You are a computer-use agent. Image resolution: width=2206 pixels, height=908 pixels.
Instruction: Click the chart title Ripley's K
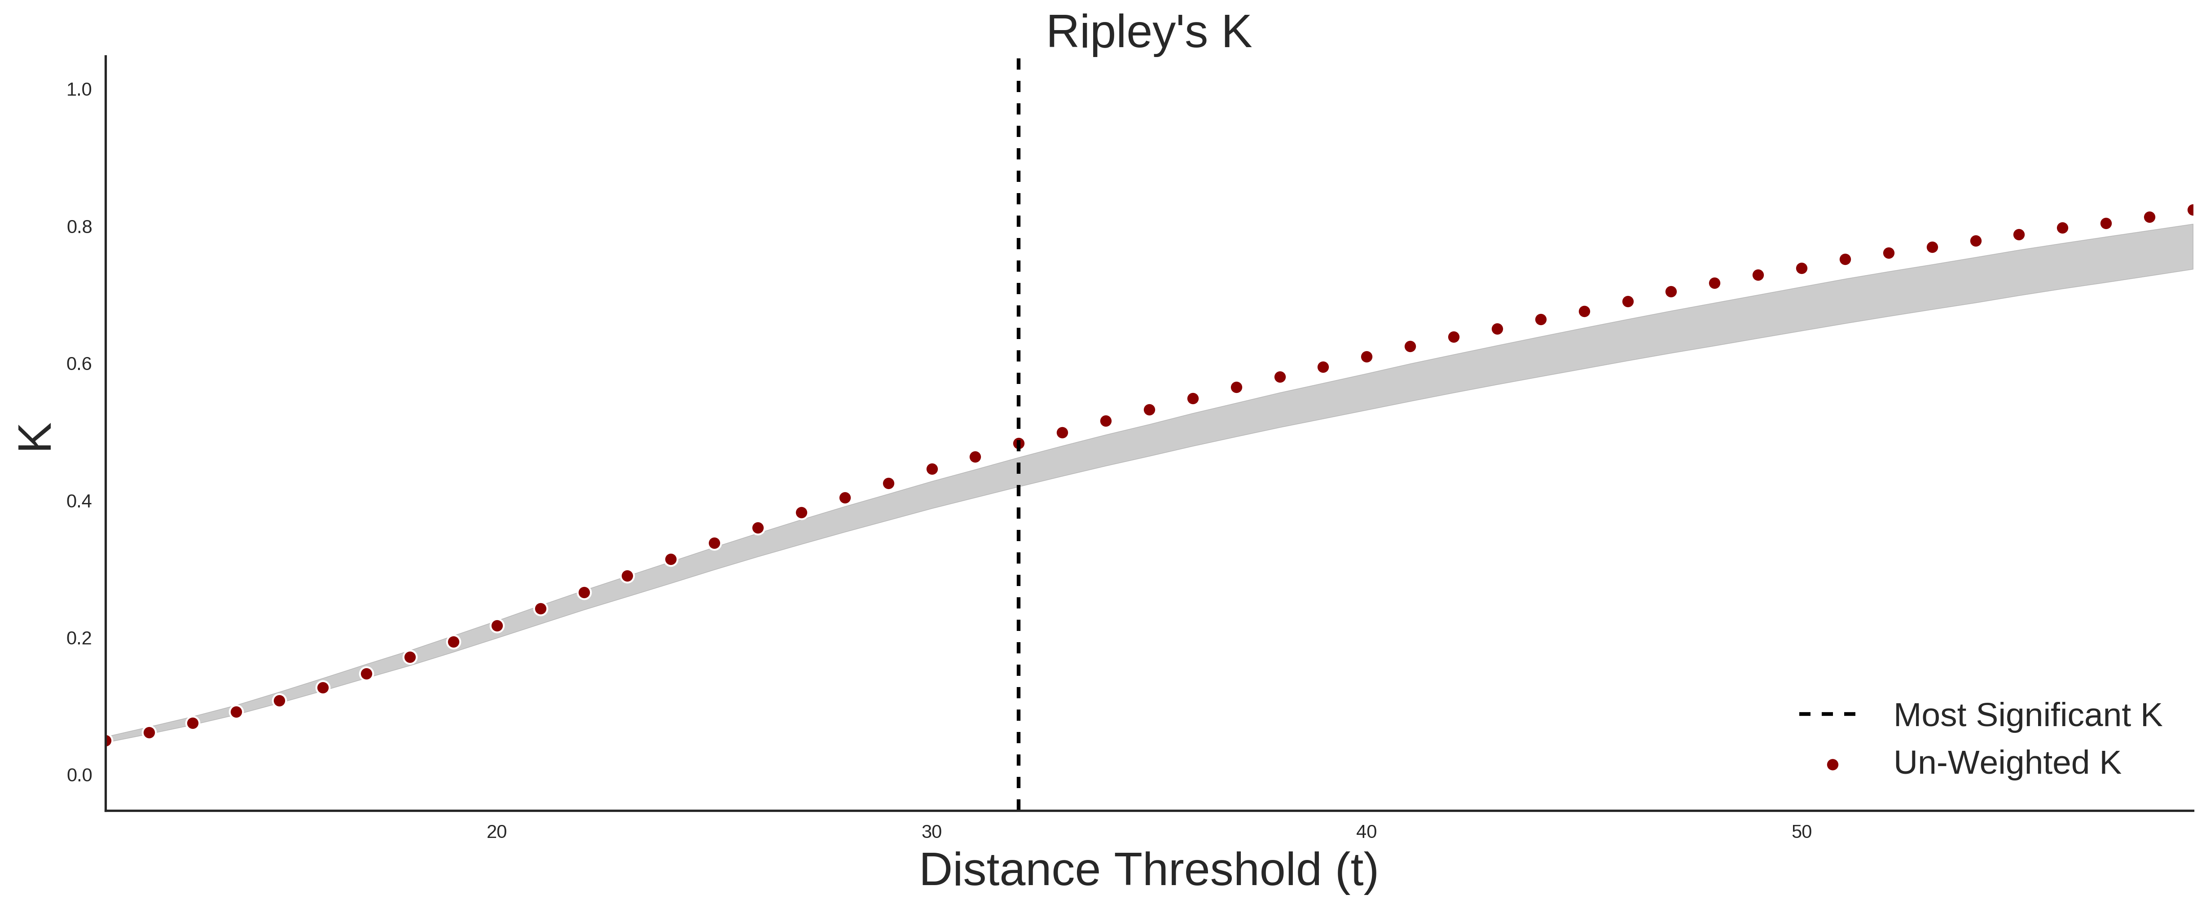click(x=1148, y=32)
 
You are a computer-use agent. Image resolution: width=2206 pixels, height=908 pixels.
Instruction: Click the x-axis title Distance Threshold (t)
click(x=1148, y=869)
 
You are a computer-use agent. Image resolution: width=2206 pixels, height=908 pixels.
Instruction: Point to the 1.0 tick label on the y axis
click(x=79, y=89)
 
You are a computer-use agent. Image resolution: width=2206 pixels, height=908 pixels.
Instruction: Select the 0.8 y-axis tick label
click(x=79, y=226)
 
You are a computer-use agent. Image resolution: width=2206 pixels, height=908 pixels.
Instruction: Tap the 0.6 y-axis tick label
click(x=79, y=363)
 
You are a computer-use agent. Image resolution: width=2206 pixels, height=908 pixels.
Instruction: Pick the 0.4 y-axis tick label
click(x=79, y=500)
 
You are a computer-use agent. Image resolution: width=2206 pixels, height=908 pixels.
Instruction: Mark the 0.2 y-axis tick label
click(x=79, y=637)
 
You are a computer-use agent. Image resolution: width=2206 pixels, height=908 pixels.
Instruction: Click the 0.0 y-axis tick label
click(x=79, y=774)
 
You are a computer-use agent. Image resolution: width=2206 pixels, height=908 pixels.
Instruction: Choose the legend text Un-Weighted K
click(x=2007, y=763)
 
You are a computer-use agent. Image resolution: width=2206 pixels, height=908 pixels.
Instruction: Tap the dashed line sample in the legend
click(x=1828, y=714)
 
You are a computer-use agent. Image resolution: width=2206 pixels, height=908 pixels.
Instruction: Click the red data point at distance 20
click(x=497, y=626)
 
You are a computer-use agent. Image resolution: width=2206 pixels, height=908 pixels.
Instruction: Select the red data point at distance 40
click(x=1367, y=357)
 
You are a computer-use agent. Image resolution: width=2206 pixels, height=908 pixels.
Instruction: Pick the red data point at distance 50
click(x=1802, y=268)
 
